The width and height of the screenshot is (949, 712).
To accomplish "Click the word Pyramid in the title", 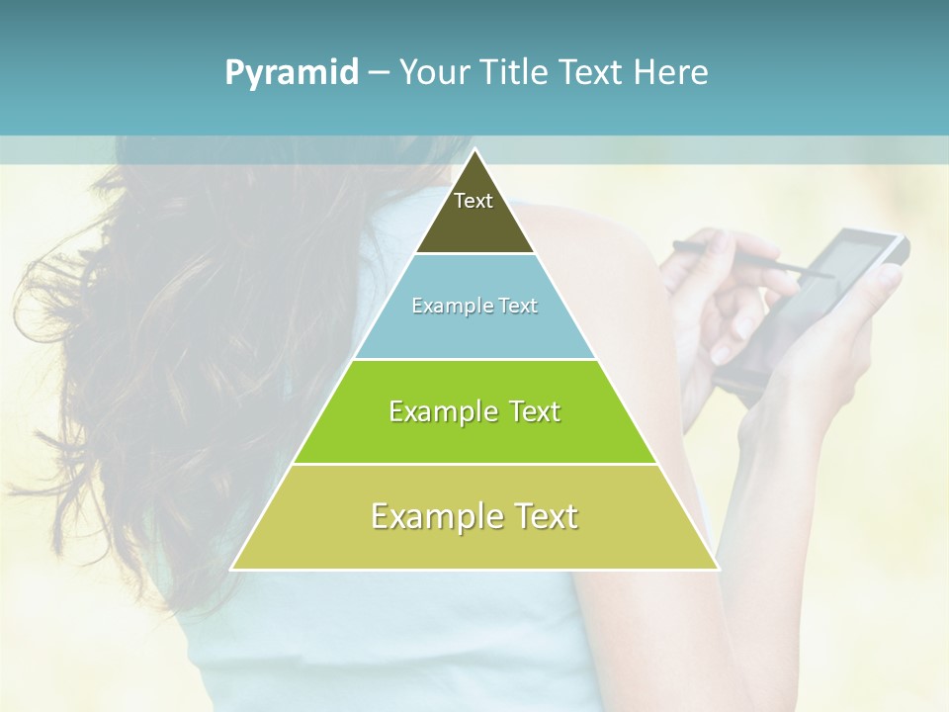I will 292,73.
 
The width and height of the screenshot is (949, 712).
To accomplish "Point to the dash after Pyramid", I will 378,73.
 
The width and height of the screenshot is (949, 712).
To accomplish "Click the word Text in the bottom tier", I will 546,516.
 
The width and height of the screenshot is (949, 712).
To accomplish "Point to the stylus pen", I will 751,258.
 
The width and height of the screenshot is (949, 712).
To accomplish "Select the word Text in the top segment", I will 474,201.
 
